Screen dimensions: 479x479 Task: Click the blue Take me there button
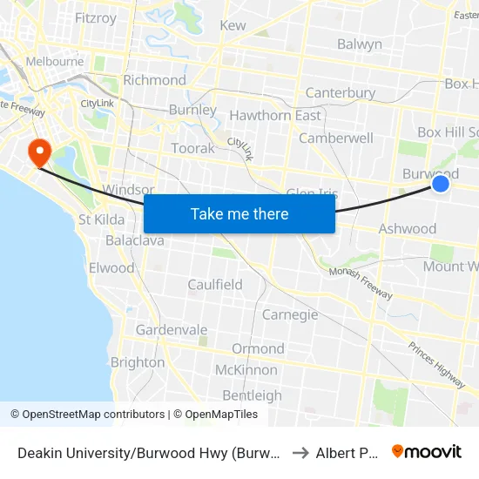pos(239,214)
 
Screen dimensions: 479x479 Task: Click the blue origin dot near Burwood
pos(441,184)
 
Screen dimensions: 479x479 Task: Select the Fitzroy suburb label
pos(96,17)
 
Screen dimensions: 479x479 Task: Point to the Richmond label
pos(155,80)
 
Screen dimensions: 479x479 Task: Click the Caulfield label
pos(215,285)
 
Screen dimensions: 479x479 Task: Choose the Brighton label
pos(138,362)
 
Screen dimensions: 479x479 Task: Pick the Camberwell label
pos(336,138)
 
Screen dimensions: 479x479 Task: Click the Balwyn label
pos(360,44)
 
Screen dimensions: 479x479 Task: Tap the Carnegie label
pos(290,314)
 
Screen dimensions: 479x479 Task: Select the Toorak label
pos(192,148)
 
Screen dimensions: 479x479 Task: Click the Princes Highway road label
pos(436,363)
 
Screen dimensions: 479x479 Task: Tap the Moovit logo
pos(427,451)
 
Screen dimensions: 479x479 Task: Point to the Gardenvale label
pos(172,330)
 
